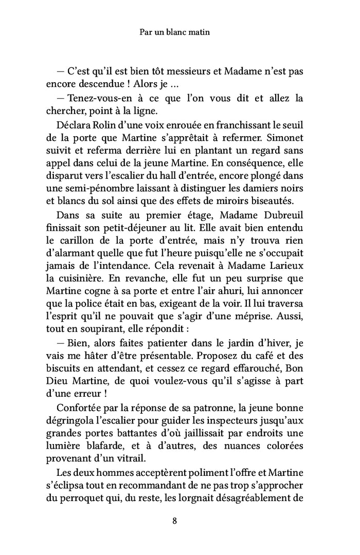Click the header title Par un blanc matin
tap(176, 32)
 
